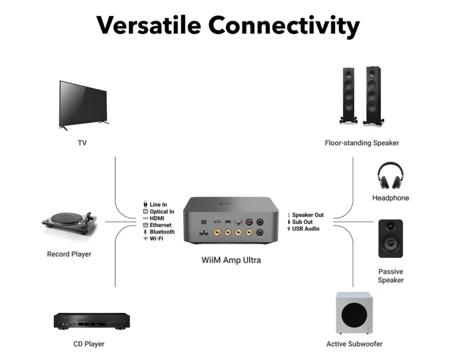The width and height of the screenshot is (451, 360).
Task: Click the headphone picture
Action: (x=390, y=175)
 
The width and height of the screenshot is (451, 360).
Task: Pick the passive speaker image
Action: (x=390, y=238)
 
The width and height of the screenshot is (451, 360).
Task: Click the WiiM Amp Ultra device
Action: (x=224, y=220)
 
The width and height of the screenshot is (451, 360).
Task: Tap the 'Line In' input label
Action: (x=158, y=205)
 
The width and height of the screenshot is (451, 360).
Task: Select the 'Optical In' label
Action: (x=162, y=212)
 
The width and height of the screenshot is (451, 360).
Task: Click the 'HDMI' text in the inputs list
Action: (x=157, y=218)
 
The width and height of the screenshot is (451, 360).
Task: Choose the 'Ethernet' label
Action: (x=161, y=225)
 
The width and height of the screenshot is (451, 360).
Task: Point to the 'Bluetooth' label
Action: (x=162, y=232)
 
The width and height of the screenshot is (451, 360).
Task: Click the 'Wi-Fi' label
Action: (x=157, y=239)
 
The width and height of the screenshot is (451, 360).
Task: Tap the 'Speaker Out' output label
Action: (x=308, y=215)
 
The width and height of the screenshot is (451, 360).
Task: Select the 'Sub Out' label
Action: (x=302, y=222)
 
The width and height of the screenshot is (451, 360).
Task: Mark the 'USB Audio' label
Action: (x=306, y=229)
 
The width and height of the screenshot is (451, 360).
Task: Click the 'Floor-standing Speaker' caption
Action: (x=362, y=143)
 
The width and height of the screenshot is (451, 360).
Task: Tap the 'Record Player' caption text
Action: (x=69, y=254)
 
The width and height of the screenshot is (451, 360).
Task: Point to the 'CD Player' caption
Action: (x=89, y=344)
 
